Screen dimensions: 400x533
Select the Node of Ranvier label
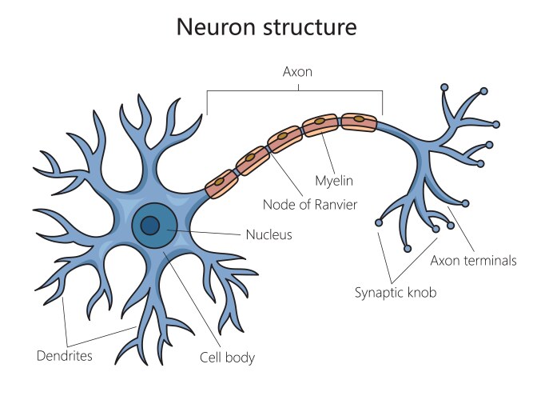tap(310, 205)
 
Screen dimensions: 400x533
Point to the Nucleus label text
tap(269, 235)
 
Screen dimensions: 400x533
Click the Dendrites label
tap(64, 354)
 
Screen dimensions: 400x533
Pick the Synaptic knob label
tap(396, 293)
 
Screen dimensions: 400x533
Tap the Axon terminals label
tap(473, 260)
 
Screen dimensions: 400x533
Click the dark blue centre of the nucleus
tap(149, 226)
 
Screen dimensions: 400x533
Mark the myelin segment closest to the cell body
tap(221, 184)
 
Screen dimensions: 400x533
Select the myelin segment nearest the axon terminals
tap(359, 121)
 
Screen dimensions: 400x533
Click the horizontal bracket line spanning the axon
tap(295, 90)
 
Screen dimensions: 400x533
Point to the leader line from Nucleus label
tap(208, 232)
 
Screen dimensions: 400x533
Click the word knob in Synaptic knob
tap(421, 293)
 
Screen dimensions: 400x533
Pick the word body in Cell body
tap(241, 358)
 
